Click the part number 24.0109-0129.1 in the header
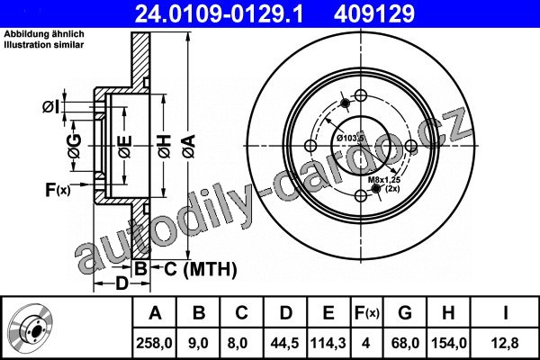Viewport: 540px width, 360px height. (220, 13)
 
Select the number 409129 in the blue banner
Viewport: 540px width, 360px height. (374, 13)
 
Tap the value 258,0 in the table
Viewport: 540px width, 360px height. (154, 344)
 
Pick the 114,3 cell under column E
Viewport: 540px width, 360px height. (328, 344)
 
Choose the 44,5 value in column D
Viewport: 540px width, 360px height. (284, 344)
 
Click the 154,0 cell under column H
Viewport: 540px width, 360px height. (449, 344)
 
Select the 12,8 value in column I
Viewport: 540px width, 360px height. (505, 344)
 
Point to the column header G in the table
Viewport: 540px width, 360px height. (405, 313)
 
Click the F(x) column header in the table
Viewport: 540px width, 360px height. (367, 313)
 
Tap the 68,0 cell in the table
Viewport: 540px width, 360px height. (405, 344)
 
